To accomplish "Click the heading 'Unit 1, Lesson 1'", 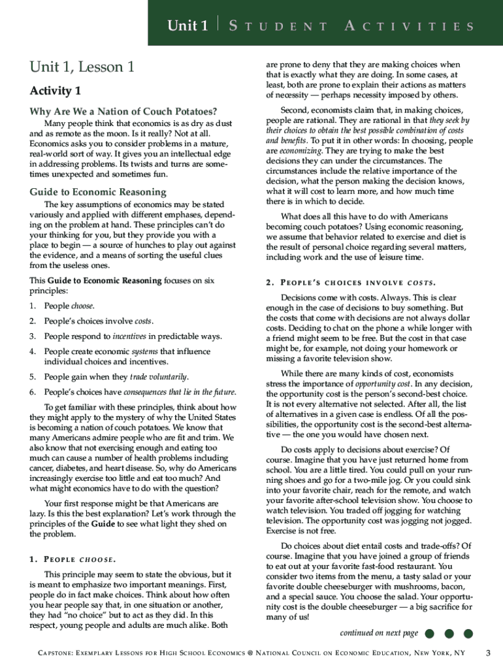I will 82,67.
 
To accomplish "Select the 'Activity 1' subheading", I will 56,90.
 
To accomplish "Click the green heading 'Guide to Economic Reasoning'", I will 98,192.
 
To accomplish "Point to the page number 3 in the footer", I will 487,653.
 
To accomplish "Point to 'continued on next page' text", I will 379,633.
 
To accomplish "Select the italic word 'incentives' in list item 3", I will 129,336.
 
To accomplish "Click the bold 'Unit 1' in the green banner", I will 187,26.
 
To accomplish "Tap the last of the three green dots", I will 468,634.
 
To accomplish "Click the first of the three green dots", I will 429,634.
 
